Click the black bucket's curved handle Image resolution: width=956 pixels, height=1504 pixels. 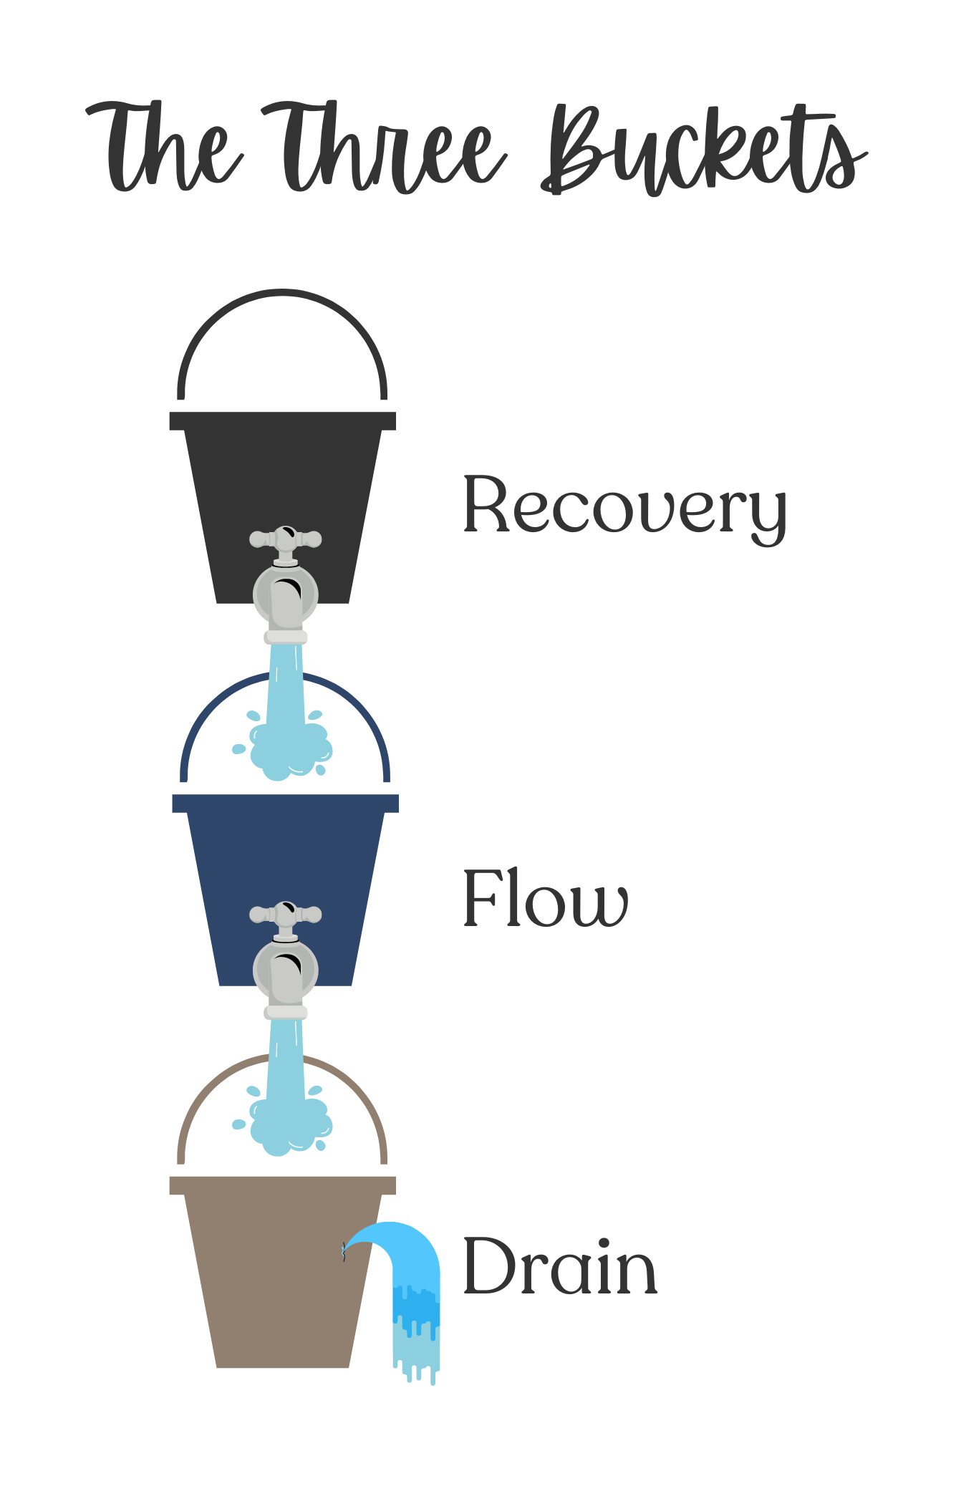click(x=282, y=291)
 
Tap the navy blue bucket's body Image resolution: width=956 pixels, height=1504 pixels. click(x=286, y=899)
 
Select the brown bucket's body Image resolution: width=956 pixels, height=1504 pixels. click(x=282, y=1281)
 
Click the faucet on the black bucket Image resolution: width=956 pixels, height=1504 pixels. click(x=286, y=584)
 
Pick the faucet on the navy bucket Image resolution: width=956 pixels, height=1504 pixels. click(x=286, y=960)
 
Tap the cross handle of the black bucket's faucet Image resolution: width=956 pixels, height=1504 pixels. click(x=286, y=538)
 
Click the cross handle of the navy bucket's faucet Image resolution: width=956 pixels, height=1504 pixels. click(x=286, y=914)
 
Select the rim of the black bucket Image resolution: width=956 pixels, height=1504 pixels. click(x=282, y=421)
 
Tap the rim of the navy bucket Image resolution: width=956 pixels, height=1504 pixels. click(x=286, y=804)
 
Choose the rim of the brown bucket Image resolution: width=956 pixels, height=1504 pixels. click(x=282, y=1185)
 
